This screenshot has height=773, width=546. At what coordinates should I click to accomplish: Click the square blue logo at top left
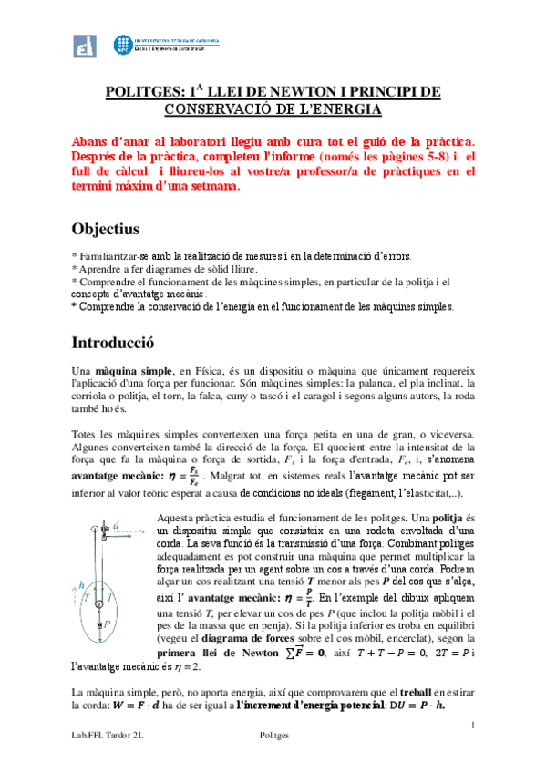click(x=88, y=46)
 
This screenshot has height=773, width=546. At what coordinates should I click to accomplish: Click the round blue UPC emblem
click(x=122, y=46)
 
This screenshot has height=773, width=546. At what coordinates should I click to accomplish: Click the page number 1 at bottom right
click(x=474, y=725)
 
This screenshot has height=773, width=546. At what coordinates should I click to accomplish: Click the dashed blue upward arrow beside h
click(x=75, y=603)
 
